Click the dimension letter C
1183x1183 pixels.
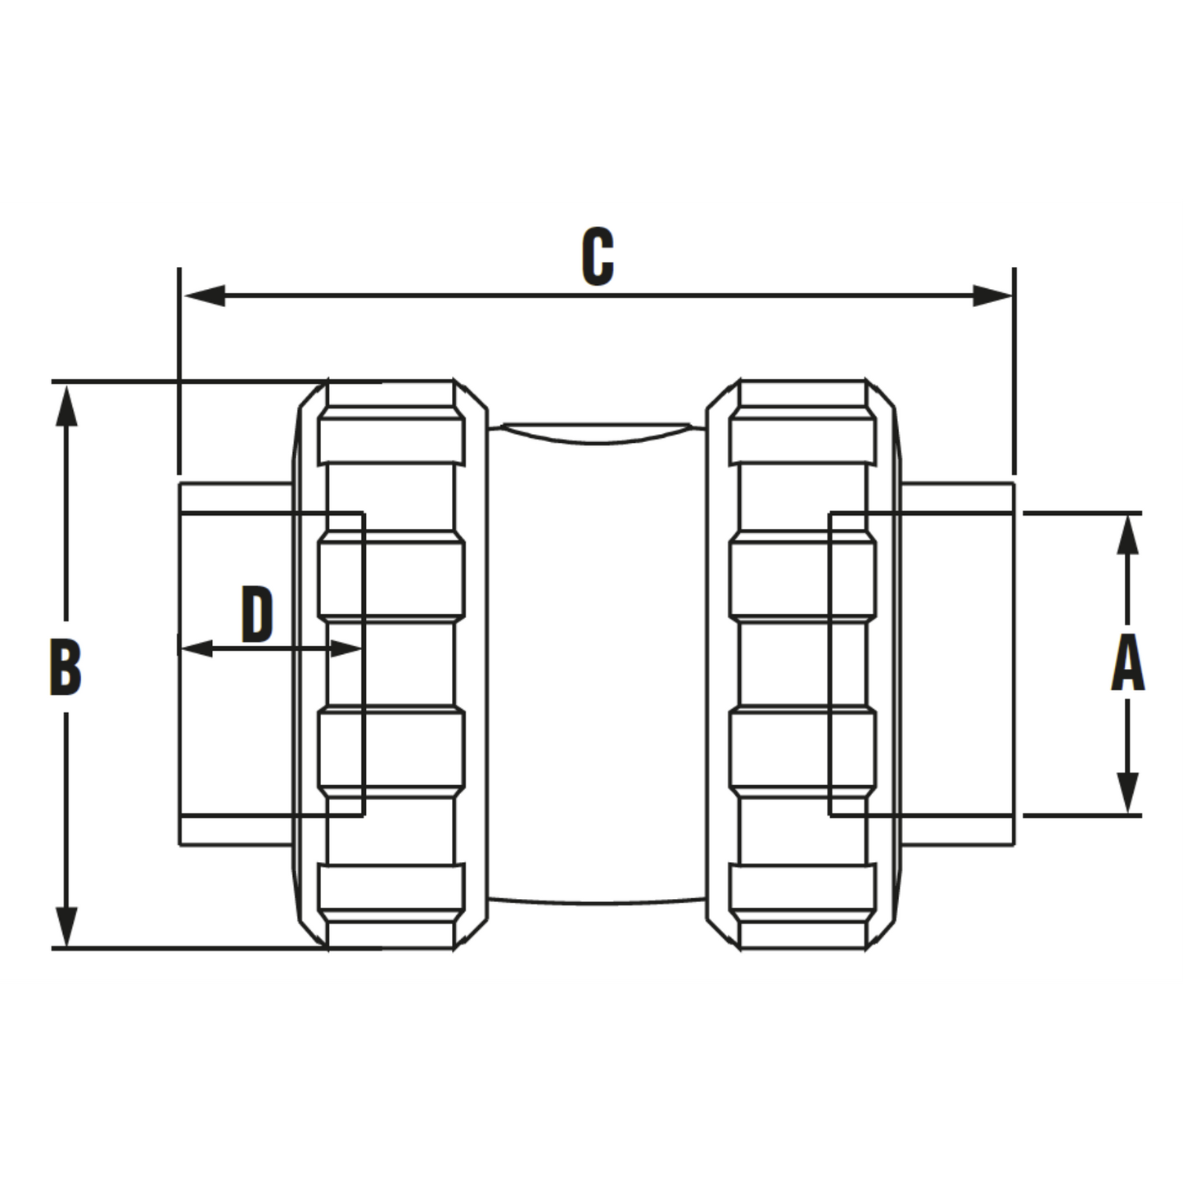click(x=598, y=256)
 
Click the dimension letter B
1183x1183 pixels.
click(x=65, y=668)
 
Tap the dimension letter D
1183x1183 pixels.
click(x=256, y=615)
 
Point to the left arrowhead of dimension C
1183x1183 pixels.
click(x=205, y=296)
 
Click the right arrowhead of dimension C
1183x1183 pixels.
click(x=993, y=296)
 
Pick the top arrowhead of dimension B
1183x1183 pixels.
click(x=66, y=406)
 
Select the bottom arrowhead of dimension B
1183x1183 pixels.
click(x=66, y=927)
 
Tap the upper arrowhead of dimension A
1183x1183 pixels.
click(x=1127, y=535)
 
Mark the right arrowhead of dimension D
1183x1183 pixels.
click(x=345, y=648)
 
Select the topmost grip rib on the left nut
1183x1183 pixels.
click(x=391, y=441)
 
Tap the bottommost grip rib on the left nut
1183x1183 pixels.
click(x=391, y=887)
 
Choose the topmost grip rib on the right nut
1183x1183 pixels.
click(x=803, y=441)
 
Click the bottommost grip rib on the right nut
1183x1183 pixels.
click(x=803, y=887)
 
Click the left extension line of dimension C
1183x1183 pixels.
click(x=178, y=371)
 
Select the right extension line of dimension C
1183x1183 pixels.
click(x=1014, y=371)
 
